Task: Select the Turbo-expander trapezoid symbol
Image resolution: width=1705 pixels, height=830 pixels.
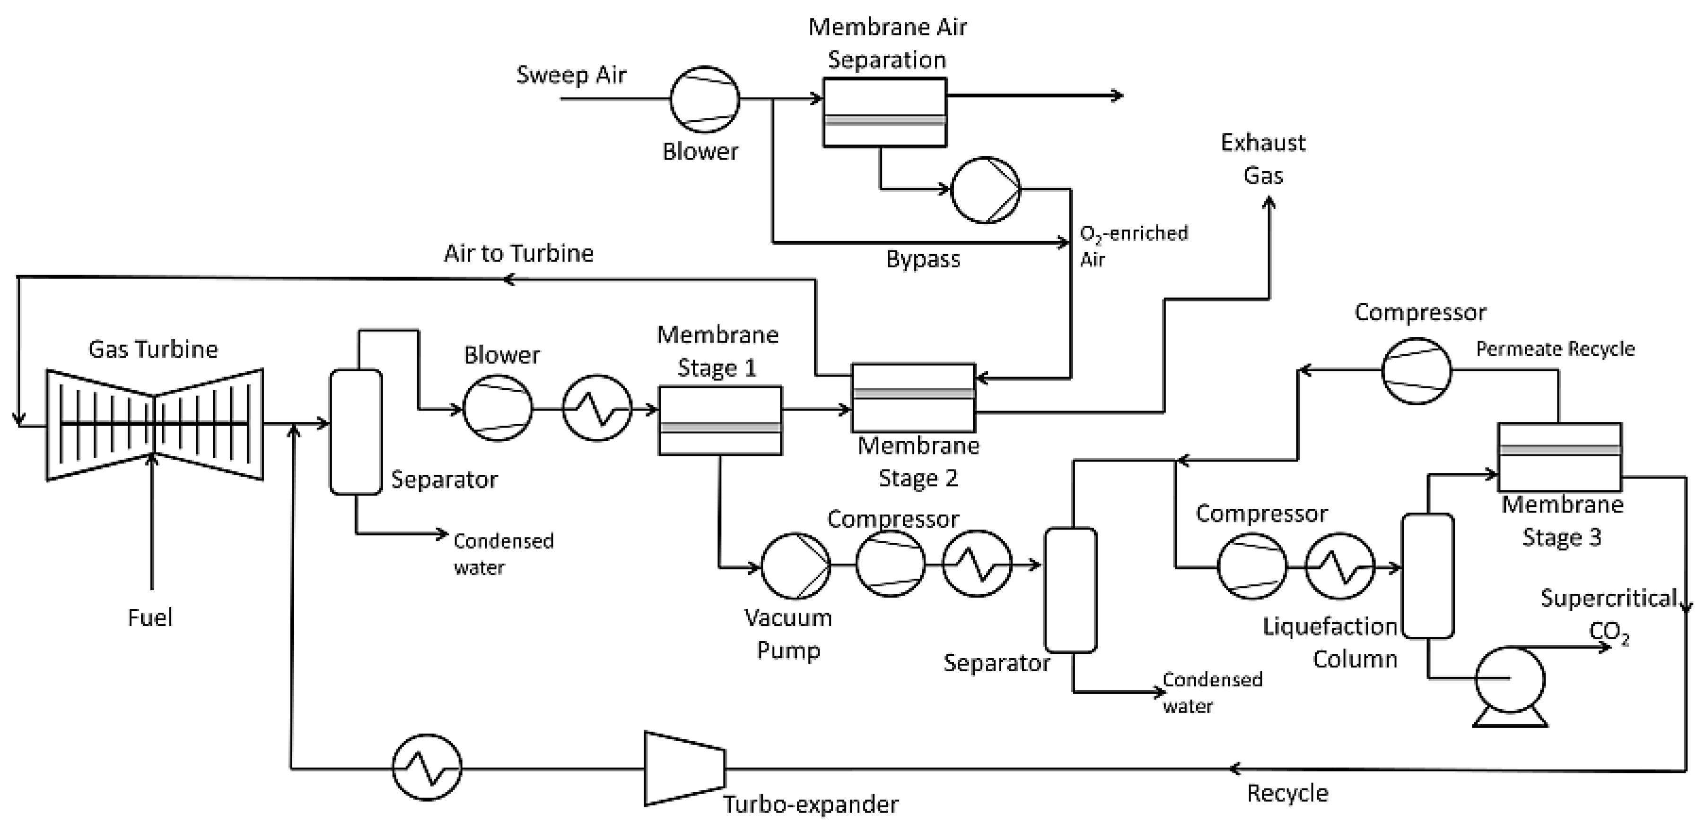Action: click(685, 769)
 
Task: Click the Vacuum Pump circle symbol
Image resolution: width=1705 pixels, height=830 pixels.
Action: click(795, 566)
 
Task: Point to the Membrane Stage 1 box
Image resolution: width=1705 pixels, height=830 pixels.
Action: click(720, 420)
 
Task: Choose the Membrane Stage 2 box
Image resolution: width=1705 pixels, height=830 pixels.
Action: click(913, 397)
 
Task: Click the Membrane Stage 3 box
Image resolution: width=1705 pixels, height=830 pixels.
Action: click(1559, 457)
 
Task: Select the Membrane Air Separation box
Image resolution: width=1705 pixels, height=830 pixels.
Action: click(885, 112)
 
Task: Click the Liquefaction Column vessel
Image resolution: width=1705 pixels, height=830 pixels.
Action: click(1428, 576)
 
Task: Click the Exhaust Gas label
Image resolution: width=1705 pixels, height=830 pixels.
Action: click(1263, 159)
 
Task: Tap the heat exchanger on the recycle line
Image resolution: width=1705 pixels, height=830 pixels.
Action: click(427, 767)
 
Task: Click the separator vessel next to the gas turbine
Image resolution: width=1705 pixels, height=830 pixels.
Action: click(356, 432)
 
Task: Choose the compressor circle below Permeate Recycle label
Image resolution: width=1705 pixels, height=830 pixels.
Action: click(1416, 371)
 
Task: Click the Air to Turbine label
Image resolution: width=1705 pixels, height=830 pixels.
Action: click(518, 253)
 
